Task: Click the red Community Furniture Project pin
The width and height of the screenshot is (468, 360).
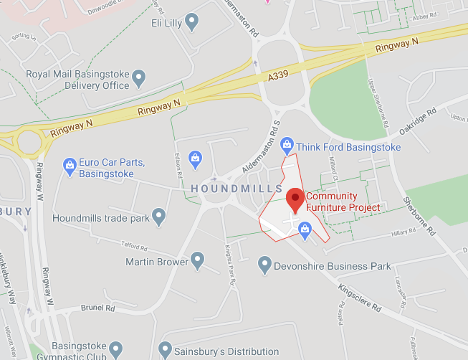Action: pyautogui.click(x=295, y=199)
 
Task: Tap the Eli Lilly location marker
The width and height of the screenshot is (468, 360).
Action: pyautogui.click(x=191, y=23)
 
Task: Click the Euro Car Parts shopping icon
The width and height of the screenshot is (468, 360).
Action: pyautogui.click(x=70, y=166)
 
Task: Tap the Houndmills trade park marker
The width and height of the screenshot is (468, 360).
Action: pyautogui.click(x=158, y=215)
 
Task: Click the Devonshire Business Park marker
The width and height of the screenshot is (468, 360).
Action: pyautogui.click(x=264, y=266)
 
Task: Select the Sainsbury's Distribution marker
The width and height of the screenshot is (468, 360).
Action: pyautogui.click(x=166, y=351)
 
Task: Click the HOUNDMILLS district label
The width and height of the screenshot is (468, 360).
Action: pyautogui.click(x=237, y=188)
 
